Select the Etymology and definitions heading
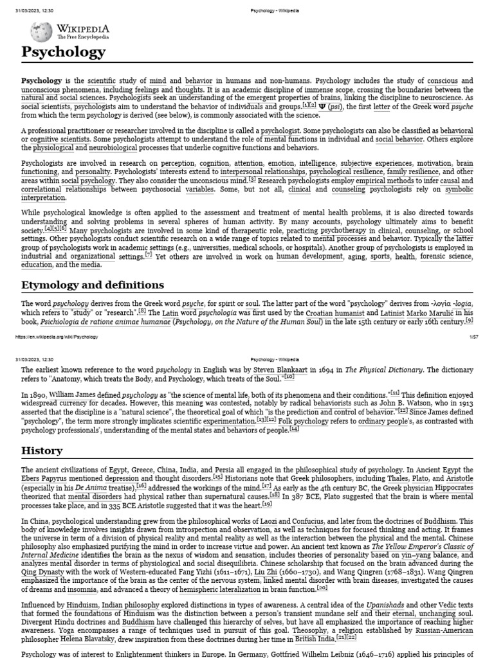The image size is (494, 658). (93, 285)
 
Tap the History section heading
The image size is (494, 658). (42, 451)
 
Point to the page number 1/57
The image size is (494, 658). (466, 337)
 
